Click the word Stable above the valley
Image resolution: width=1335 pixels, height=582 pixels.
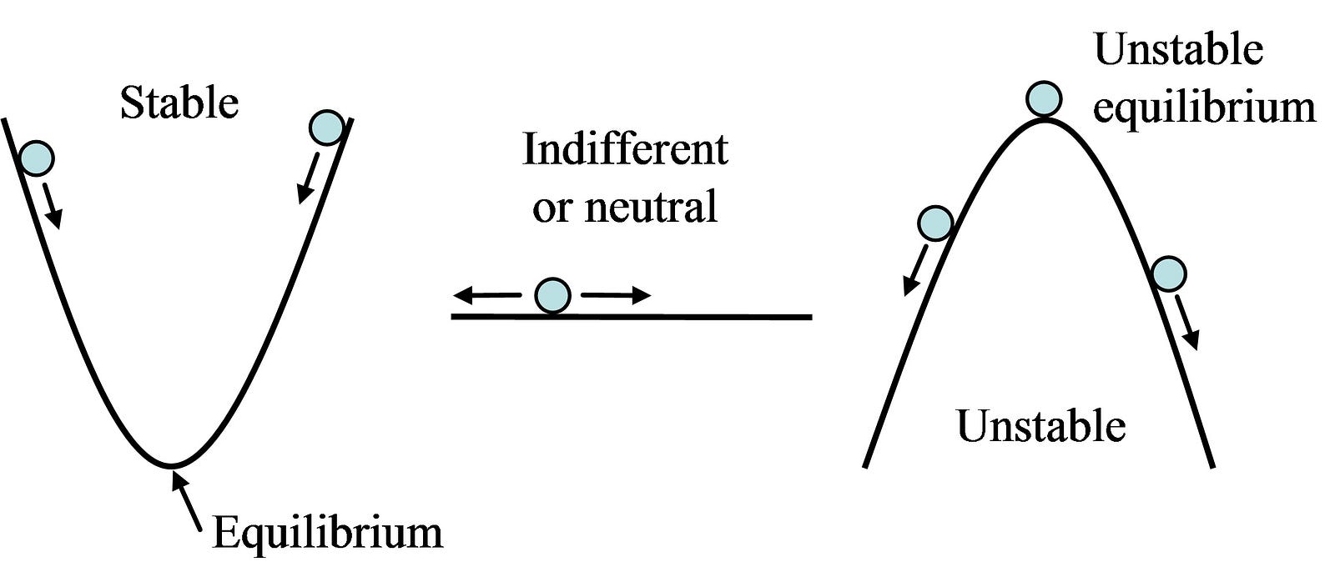[179, 104]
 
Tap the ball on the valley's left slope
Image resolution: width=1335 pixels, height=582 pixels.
[36, 157]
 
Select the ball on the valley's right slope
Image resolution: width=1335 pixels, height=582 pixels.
[326, 128]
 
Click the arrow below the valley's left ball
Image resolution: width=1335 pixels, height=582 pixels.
[52, 205]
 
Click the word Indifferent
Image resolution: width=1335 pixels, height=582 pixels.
[625, 150]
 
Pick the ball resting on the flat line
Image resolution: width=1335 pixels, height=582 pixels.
[552, 295]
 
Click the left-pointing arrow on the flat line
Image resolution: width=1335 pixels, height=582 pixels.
[487, 295]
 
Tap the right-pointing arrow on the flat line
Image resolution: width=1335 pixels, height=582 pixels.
[616, 295]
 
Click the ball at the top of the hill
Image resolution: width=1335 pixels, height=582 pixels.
[1043, 98]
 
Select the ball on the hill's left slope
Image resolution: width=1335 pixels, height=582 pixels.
[934, 223]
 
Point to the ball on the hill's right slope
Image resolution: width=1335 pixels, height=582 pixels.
[1168, 273]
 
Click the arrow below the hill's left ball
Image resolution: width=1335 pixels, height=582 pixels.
[916, 268]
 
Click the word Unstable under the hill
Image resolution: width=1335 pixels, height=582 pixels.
[1040, 426]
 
